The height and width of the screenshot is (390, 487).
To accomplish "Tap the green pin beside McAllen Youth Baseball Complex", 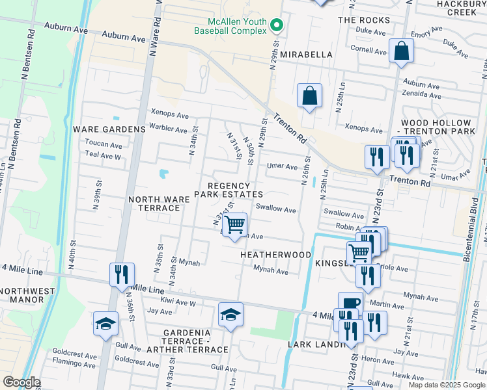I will [277, 25].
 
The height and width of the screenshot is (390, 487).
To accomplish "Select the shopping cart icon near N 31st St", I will [235, 226].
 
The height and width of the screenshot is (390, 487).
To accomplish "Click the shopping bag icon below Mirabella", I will [310, 96].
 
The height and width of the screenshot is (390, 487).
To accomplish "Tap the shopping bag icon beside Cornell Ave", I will [401, 51].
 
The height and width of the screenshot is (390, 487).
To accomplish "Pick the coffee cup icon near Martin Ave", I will [350, 304].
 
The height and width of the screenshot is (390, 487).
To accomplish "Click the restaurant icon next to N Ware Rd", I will [122, 275].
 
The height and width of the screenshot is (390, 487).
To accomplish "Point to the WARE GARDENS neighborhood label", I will [109, 129].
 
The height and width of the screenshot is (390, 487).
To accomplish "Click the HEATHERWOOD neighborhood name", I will [275, 255].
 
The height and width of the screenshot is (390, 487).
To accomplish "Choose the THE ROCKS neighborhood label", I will [364, 20].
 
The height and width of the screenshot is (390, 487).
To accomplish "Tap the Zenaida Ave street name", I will [421, 94].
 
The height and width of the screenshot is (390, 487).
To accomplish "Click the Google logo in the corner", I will [21, 382].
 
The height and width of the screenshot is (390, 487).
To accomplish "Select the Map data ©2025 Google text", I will [446, 384].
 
